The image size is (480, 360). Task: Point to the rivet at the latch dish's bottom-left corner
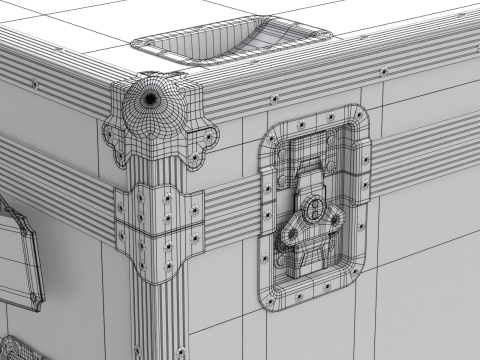pos(270,295)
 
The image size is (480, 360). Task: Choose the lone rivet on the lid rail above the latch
pos(383,71)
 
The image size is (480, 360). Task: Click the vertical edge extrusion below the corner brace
pos(165,320)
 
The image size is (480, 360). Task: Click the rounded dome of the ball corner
pos(151,110)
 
